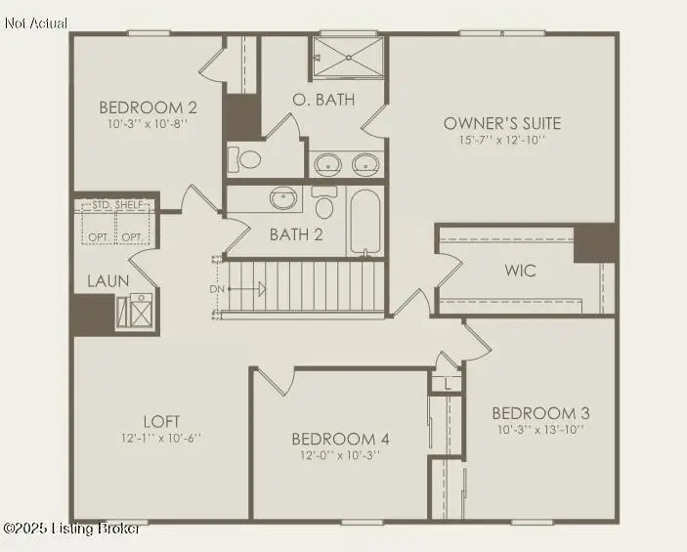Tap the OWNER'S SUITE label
tap(502, 123)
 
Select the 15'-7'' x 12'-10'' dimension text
tap(502, 140)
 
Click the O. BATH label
tap(323, 100)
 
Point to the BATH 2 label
tap(296, 234)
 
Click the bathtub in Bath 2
tap(366, 222)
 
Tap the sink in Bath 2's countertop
tap(284, 197)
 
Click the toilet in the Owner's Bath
tap(248, 158)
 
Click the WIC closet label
tap(520, 271)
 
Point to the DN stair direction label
tap(217, 289)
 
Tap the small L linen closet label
tap(447, 384)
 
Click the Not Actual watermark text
tap(36, 22)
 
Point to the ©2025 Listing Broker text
tap(70, 529)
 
